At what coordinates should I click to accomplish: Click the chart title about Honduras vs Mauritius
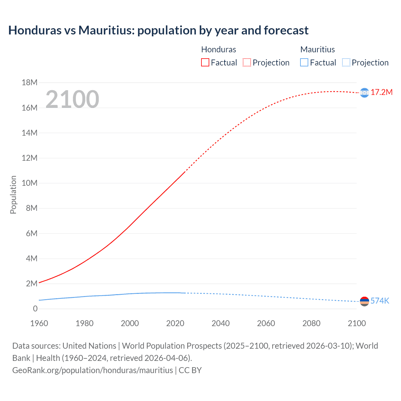[x=158, y=30]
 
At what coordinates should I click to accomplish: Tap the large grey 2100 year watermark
[x=72, y=99]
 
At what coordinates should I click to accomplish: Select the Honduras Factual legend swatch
[x=205, y=63]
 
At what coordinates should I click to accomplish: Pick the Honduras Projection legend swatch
[x=247, y=63]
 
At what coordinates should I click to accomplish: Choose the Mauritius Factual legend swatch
[x=304, y=63]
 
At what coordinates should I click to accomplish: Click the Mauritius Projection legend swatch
[x=346, y=63]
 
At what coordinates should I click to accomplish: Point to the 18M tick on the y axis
[x=29, y=83]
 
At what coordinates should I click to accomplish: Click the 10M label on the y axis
[x=29, y=183]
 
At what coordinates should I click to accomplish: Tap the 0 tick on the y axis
[x=35, y=309]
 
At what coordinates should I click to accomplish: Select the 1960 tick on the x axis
[x=39, y=323]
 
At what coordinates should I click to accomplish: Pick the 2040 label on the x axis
[x=221, y=323]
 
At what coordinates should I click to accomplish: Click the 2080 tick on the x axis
[x=311, y=323]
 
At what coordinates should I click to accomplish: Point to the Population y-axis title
[x=13, y=195]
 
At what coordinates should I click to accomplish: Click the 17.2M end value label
[x=382, y=92]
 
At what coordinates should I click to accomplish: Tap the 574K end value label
[x=380, y=301]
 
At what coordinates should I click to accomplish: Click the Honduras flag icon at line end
[x=364, y=93]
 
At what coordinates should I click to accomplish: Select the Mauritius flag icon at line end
[x=364, y=301]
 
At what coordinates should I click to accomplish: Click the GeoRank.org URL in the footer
[x=92, y=370]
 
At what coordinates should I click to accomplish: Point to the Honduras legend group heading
[x=218, y=49]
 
